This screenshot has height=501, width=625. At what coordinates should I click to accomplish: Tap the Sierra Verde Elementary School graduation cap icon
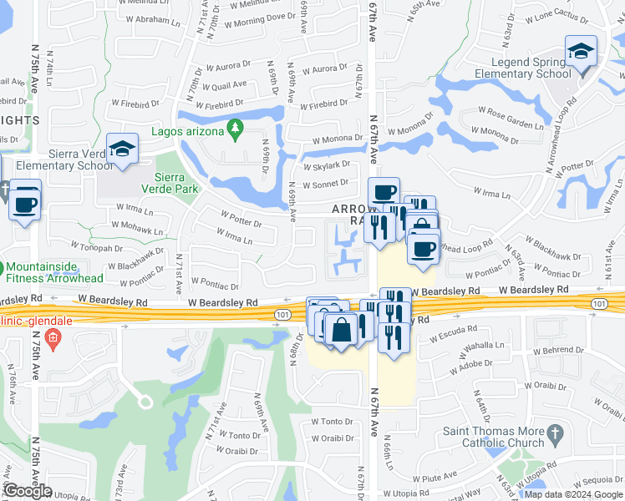click(122, 149)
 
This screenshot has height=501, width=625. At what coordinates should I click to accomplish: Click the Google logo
click(28, 491)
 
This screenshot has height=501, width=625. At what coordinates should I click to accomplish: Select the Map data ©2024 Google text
click(572, 494)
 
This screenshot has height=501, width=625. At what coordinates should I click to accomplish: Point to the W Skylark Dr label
click(331, 164)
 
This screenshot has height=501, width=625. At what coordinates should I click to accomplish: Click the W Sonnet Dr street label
click(329, 183)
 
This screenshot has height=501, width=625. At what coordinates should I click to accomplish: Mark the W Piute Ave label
click(437, 477)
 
